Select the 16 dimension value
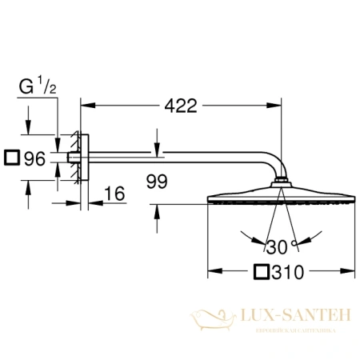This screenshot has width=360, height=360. pyautogui.click(x=117, y=194)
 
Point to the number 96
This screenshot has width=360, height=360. pyautogui.click(x=34, y=158)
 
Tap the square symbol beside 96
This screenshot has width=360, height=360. pyautogui.click(x=11, y=158)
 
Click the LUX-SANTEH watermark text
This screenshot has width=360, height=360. pyautogui.click(x=293, y=318)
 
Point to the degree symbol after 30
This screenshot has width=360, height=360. pyautogui.click(x=294, y=242)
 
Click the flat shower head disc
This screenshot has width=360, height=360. pyautogui.click(x=279, y=199)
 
